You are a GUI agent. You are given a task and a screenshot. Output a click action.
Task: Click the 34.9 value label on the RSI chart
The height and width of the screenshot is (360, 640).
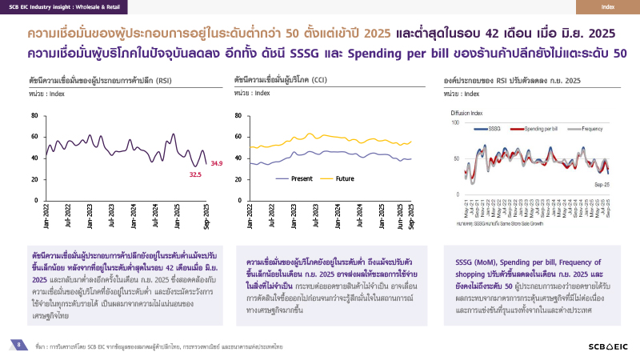pyautogui.click(x=216, y=164)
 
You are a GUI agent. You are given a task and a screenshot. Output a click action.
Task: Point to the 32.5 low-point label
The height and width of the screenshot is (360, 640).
pyautogui.click(x=194, y=174)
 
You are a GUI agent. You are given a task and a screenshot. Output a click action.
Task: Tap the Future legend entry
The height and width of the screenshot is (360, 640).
pyautogui.click(x=344, y=178)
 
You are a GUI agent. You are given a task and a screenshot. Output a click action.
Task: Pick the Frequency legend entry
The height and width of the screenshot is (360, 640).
pyautogui.click(x=591, y=128)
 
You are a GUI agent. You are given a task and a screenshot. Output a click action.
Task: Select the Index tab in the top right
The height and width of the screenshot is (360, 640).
pyautogui.click(x=608, y=7)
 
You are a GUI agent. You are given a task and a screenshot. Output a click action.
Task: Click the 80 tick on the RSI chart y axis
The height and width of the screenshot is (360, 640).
pyautogui.click(x=34, y=115)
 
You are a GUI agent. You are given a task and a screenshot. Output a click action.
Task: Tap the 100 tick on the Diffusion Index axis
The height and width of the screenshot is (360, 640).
pyautogui.click(x=455, y=122)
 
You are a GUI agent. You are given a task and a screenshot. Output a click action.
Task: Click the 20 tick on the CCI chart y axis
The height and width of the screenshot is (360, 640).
pyautogui.click(x=239, y=177)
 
